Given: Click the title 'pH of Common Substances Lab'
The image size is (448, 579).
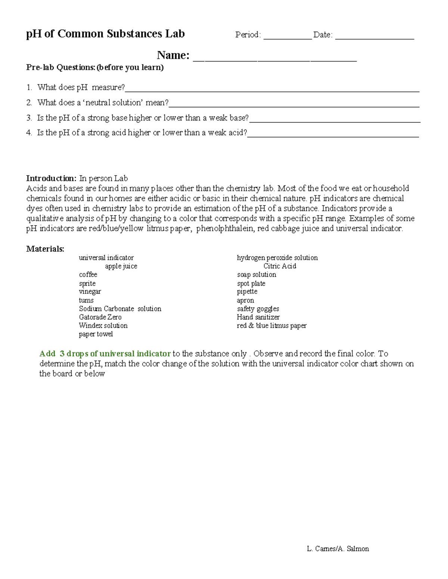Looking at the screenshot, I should point(105,34).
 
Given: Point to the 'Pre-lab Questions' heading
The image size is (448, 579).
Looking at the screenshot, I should point(95,67).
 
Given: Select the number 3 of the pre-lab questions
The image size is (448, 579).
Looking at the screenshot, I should point(29,118).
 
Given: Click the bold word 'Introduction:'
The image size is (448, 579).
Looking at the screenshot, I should point(51,178).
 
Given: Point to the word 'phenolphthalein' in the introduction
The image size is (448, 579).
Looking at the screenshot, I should point(224,229).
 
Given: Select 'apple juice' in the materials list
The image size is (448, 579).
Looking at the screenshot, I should point(121,266).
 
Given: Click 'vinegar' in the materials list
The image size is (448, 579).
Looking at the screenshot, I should point(90,292).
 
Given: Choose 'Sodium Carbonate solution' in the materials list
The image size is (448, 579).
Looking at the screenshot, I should point(120,309).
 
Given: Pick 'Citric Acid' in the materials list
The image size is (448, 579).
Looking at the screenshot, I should point(280,266).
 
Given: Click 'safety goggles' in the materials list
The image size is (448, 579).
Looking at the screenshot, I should point(258,309).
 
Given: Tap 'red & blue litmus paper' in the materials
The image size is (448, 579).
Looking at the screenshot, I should point(271,325).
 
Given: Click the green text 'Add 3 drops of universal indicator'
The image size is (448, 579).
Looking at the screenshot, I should point(105,353).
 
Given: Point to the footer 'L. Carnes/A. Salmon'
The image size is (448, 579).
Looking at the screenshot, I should point(337,548).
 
